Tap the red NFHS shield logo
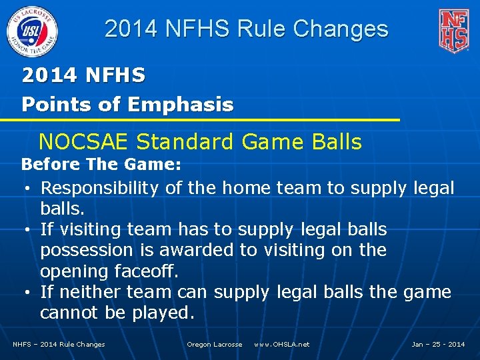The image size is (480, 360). click(x=453, y=30)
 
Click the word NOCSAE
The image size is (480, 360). click(x=85, y=142)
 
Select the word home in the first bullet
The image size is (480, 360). click(x=245, y=189)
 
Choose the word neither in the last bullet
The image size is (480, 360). click(x=88, y=292)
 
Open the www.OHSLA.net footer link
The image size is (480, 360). click(x=281, y=345)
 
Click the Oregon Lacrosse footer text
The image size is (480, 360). click(x=214, y=345)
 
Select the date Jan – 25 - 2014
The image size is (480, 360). click(x=438, y=345)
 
